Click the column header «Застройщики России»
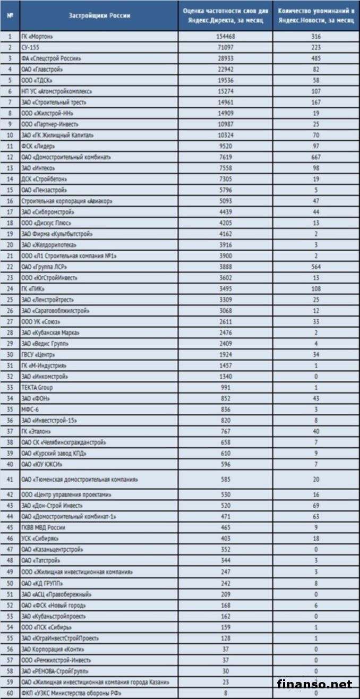pos(99,15)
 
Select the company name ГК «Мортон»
pos(38,36)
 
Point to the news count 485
pos(315,58)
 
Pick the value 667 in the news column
pos(315,157)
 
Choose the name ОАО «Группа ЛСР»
pos(45,267)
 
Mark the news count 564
pos(315,267)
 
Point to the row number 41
pos(10,479)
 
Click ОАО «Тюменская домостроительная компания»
pos(80,479)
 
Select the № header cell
pos(10,15)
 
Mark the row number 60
pos(10,693)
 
